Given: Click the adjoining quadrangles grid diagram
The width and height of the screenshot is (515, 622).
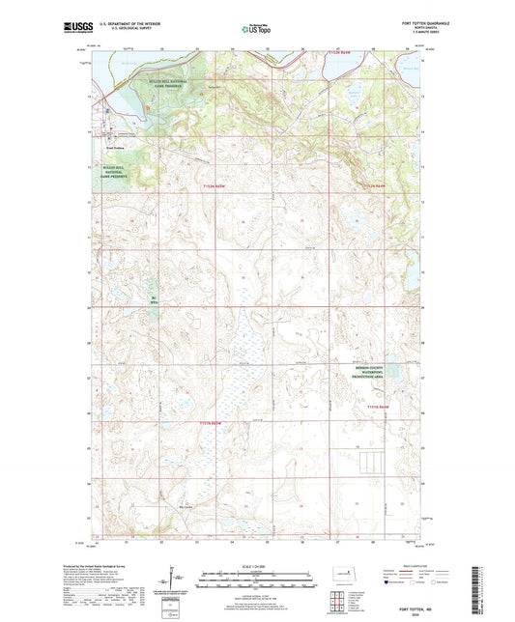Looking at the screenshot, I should [x=340, y=601].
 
